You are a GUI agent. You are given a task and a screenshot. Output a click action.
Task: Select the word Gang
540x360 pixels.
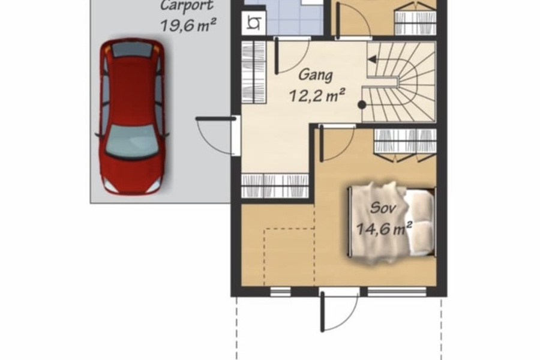(x=316, y=76)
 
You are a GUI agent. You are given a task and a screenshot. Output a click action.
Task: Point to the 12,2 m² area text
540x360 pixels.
(x=317, y=95)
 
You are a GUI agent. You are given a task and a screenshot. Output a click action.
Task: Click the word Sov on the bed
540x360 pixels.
(x=383, y=208)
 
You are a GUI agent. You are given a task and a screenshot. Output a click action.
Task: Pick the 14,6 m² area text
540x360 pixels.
(x=384, y=229)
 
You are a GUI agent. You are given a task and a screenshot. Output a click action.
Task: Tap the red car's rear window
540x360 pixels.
(x=131, y=50)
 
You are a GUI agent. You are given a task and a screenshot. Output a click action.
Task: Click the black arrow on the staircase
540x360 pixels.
(x=372, y=59)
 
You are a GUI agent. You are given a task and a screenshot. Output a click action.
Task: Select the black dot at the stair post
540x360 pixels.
(x=362, y=105)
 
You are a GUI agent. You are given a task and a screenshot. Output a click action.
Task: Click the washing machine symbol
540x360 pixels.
(x=254, y=23)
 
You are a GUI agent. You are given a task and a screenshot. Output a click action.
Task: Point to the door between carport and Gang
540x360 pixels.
(x=217, y=135)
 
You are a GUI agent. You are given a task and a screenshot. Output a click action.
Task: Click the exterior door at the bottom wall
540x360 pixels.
(x=339, y=311)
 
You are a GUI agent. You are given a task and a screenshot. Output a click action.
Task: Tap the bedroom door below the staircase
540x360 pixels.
(x=337, y=143)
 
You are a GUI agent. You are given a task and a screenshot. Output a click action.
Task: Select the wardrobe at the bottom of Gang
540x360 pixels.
(x=275, y=185)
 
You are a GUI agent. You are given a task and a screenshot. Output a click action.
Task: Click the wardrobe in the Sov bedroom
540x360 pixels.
(x=406, y=145)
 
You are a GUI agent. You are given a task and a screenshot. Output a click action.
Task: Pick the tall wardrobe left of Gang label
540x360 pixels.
(x=253, y=72)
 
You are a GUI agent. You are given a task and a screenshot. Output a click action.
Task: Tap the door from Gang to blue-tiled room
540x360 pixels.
(x=293, y=55)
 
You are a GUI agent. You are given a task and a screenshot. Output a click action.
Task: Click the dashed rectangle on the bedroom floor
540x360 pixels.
(x=289, y=257)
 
